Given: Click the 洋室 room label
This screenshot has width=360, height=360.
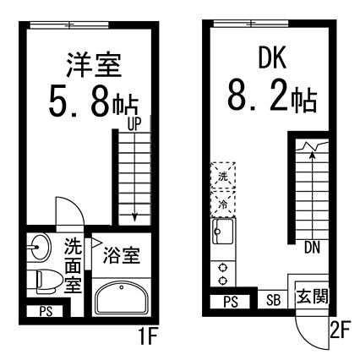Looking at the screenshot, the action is tap(94, 65).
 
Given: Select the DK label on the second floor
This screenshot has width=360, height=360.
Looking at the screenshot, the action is tap(272, 57).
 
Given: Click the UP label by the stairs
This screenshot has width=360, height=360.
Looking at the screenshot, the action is tap(134, 124).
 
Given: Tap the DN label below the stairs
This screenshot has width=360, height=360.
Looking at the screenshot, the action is tap(312, 248).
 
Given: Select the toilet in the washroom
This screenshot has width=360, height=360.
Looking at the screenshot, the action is tap(48, 281).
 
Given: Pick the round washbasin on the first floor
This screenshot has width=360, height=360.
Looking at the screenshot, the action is tap(41, 247).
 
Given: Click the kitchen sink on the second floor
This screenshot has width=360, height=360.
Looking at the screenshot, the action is tap(223, 232).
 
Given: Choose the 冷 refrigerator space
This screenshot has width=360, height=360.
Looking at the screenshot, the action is tap(223, 204).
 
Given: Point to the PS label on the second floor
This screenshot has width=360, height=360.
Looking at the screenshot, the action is tap(231, 302).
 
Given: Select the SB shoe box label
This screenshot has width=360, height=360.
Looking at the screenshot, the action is tap(273, 300).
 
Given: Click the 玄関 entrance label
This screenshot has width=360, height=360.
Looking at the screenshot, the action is tap(313, 297).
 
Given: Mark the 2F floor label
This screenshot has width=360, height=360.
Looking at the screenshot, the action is tap(340, 330).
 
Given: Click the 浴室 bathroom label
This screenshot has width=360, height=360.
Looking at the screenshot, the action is tap(122, 255).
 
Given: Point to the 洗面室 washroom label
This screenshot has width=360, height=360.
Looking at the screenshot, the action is tap(74, 265).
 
